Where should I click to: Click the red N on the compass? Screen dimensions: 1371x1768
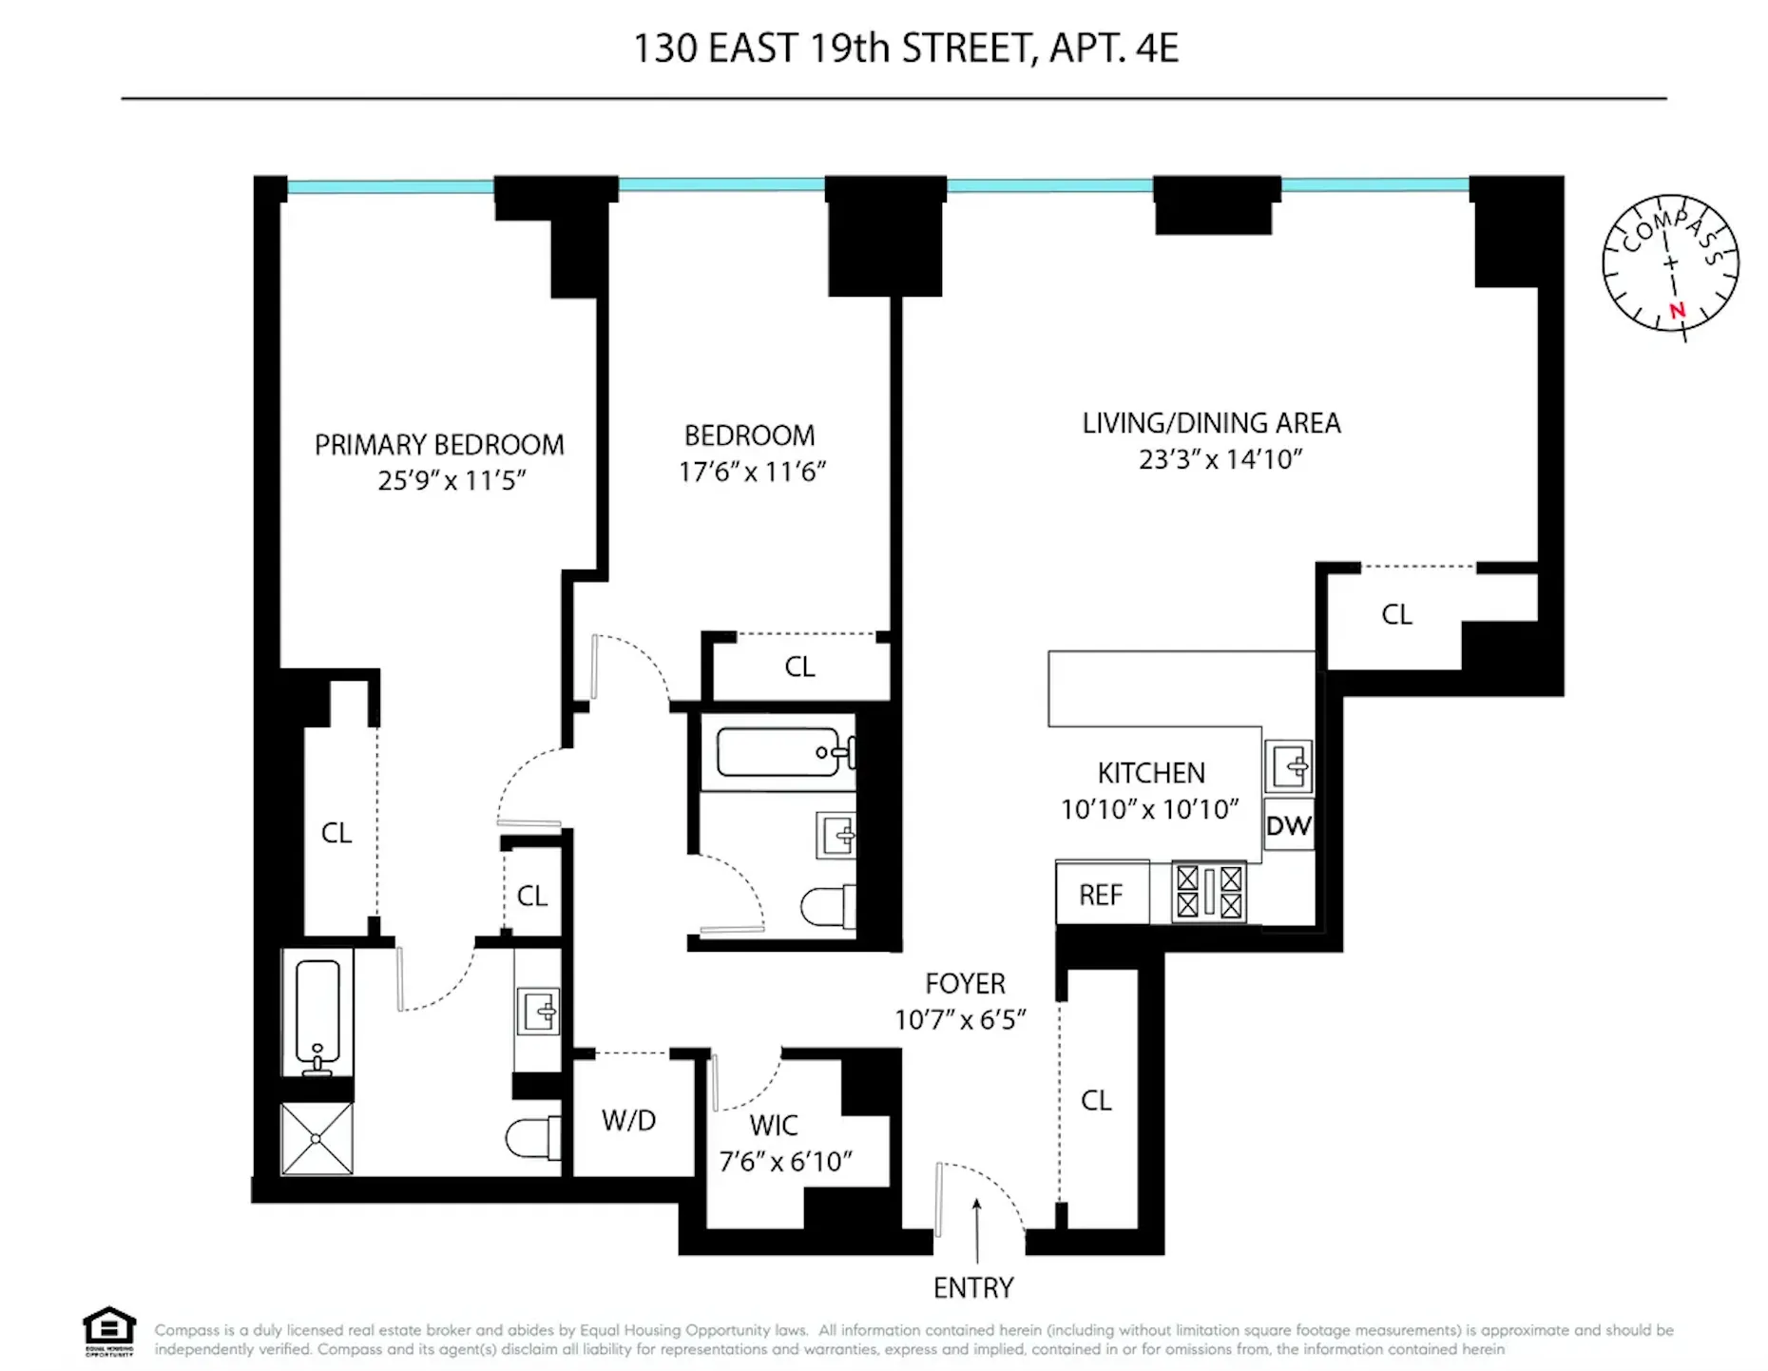click(x=1677, y=310)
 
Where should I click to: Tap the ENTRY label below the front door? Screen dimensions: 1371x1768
click(x=972, y=1287)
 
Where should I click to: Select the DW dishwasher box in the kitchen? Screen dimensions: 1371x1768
click(x=1288, y=825)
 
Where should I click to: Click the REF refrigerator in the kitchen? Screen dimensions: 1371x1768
click(x=1101, y=895)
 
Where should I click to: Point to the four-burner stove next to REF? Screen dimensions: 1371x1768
click(x=1208, y=892)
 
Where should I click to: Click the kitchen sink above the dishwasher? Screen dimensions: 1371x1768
click(x=1289, y=766)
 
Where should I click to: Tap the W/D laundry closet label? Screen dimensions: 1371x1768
click(x=628, y=1120)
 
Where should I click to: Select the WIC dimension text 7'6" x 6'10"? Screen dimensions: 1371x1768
click(x=785, y=1161)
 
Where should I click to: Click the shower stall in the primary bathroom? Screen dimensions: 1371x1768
click(x=317, y=1138)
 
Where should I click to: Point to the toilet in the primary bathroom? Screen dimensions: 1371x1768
click(x=530, y=1137)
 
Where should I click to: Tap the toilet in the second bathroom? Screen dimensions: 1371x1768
click(x=826, y=907)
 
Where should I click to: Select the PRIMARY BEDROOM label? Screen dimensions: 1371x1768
click(x=439, y=445)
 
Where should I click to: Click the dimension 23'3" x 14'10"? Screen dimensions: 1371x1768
click(x=1220, y=459)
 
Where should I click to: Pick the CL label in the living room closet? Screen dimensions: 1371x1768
click(x=1395, y=614)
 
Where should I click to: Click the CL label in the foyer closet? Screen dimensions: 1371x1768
click(x=1095, y=1100)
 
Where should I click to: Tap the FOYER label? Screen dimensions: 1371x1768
click(x=965, y=983)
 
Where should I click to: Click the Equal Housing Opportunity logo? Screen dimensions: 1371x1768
click(x=109, y=1328)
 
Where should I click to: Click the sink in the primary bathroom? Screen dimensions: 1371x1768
click(x=538, y=1011)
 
